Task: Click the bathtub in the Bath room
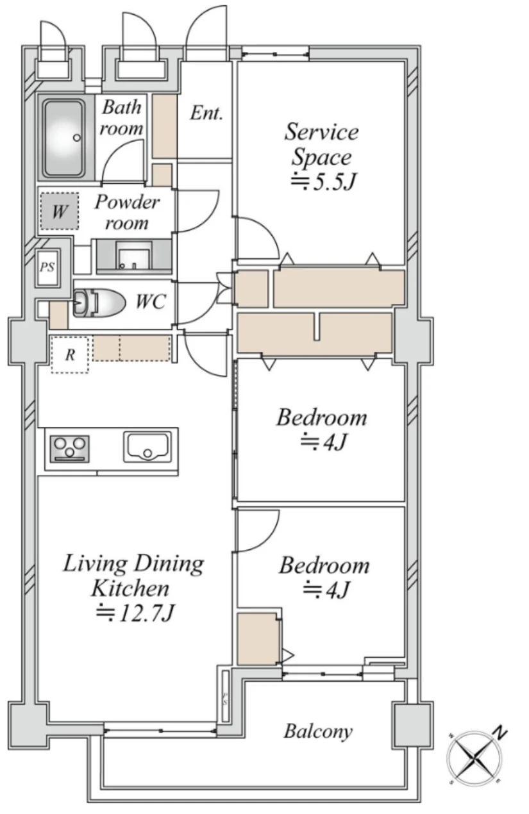pyautogui.click(x=64, y=137)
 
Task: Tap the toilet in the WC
pyautogui.click(x=99, y=303)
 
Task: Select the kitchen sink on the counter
pyautogui.click(x=147, y=447)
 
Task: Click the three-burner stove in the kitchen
pyautogui.click(x=70, y=449)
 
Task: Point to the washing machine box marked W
pyautogui.click(x=59, y=211)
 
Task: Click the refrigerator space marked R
pyautogui.click(x=69, y=354)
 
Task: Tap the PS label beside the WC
pyautogui.click(x=47, y=267)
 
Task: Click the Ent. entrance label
pyautogui.click(x=206, y=113)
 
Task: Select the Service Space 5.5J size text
pyautogui.click(x=323, y=181)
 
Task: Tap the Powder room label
pyautogui.click(x=127, y=212)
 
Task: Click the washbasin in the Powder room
pyautogui.click(x=133, y=256)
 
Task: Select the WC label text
pyautogui.click(x=151, y=301)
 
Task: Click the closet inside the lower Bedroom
pyautogui.click(x=258, y=639)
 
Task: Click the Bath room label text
pyautogui.click(x=121, y=118)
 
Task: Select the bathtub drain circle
pyautogui.click(x=77, y=138)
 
